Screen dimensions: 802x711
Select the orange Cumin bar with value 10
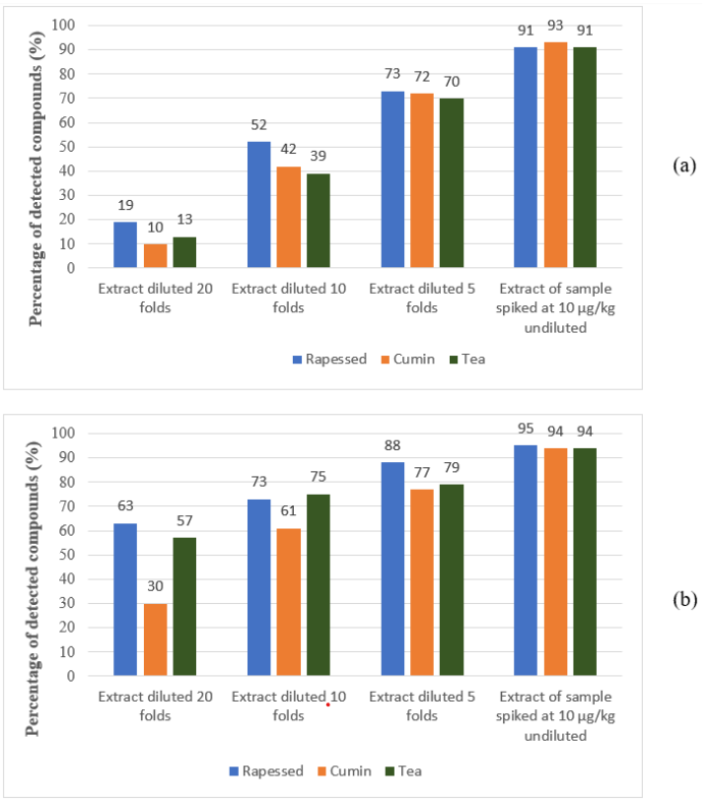[x=155, y=255]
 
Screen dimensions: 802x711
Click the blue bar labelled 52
[x=258, y=204]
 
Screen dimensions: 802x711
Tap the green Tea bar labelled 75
[x=318, y=584]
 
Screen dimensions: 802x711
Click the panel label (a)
[x=684, y=166]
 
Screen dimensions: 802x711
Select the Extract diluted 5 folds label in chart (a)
[x=407, y=297]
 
